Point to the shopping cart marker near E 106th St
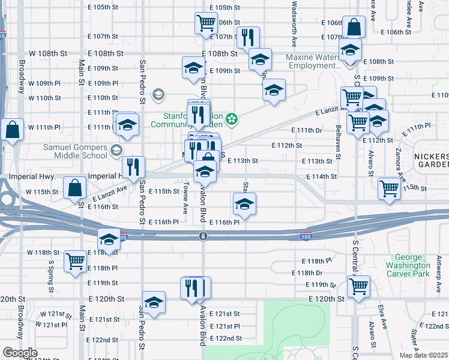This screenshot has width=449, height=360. pyautogui.click(x=206, y=23)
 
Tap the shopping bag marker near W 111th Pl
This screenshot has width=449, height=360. pyautogui.click(x=11, y=130)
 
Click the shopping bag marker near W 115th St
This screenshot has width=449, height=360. pyautogui.click(x=74, y=187)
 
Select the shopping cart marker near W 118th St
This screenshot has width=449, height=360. pyautogui.click(x=76, y=261)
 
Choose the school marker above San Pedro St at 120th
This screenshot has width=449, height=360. pyautogui.click(x=154, y=302)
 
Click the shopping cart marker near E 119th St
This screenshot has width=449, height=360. pyautogui.click(x=358, y=286)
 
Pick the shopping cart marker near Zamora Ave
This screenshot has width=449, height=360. pyautogui.click(x=389, y=188)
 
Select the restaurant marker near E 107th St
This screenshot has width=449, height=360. pyautogui.click(x=247, y=37)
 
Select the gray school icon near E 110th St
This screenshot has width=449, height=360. pyautogui.click(x=158, y=94)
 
